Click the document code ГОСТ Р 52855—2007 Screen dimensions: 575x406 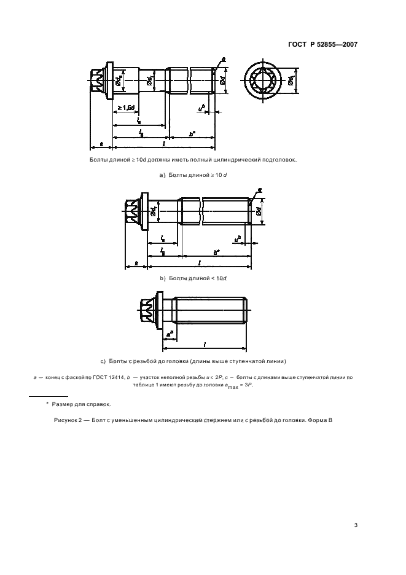coord(323,44)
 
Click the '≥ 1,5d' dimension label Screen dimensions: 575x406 coord(127,108)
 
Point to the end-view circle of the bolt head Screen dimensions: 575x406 coord(268,80)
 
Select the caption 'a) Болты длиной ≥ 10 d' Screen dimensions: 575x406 coord(193,175)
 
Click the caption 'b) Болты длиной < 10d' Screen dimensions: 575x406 coord(193,278)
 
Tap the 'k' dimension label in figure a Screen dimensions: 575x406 coord(101,144)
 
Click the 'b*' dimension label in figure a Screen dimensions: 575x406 coord(192,132)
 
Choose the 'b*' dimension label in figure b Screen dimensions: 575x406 coord(216,251)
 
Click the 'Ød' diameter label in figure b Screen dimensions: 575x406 coord(260,212)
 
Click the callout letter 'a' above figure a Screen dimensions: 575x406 coord(223,60)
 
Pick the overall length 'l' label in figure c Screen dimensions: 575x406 coord(205,344)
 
